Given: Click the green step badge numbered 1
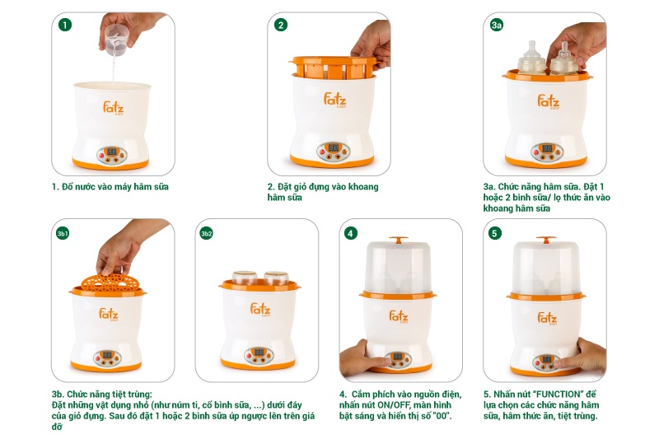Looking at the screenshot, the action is point(65,25).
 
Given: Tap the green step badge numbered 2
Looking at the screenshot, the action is point(281,25).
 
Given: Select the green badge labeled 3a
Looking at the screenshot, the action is point(497,25).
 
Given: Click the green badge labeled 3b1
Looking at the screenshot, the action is point(63,233).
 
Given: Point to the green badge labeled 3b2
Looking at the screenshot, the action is point(207,233).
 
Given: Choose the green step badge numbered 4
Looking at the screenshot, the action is point(351,233).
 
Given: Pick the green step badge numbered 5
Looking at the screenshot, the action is point(494,233).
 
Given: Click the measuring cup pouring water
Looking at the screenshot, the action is point(116,40).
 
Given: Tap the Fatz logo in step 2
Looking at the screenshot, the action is point(335,100).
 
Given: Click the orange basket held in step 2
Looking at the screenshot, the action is point(334,68).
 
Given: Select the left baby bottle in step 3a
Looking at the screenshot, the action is point(531,59).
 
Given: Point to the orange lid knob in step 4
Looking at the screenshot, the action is point(399,240).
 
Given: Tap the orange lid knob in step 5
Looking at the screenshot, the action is point(546,240).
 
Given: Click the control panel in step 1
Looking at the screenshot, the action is point(112,156).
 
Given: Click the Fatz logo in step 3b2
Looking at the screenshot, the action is point(260,309).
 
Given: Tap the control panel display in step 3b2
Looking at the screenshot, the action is point(259,352).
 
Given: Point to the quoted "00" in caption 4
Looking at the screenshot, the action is point(444,416).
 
